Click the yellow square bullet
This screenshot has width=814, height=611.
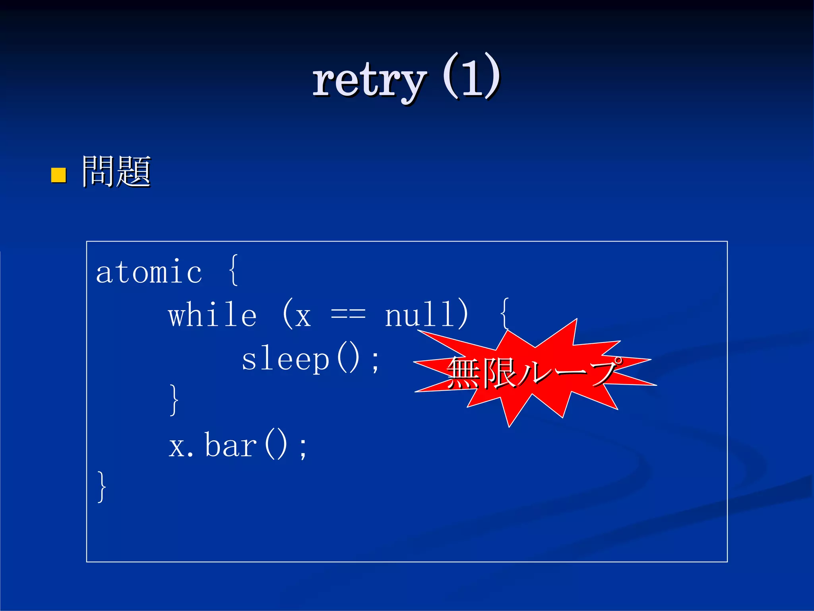click(x=58, y=175)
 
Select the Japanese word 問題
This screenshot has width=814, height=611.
click(x=116, y=171)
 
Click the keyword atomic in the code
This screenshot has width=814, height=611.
click(x=149, y=272)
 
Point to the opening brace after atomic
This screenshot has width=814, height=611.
click(x=234, y=270)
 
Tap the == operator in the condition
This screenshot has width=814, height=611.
click(x=348, y=315)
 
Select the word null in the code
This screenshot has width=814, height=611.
click(x=419, y=315)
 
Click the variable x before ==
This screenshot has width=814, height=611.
click(x=303, y=317)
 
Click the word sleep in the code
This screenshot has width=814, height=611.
click(x=285, y=360)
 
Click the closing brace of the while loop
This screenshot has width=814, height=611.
click(x=174, y=400)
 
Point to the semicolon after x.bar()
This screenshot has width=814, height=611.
click(x=303, y=448)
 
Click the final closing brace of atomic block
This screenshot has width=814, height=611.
click(x=102, y=487)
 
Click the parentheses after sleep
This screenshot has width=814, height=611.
click(x=348, y=359)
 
